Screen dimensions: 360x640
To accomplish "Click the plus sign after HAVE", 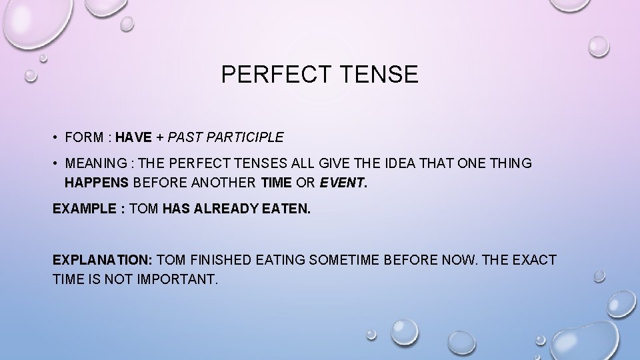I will point(161,138).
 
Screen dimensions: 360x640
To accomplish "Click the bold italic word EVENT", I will point(342,183).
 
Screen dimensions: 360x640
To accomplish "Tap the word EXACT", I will point(534,259).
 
